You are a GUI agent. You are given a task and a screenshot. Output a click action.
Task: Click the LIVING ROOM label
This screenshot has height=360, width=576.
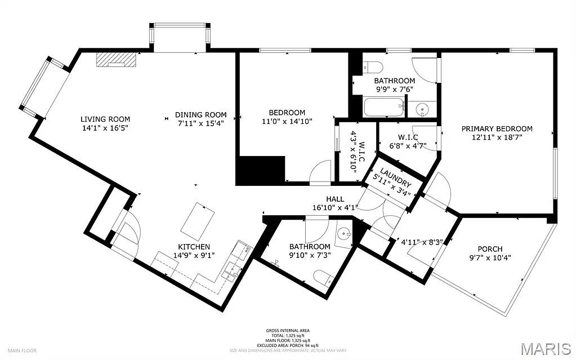pos(105,119)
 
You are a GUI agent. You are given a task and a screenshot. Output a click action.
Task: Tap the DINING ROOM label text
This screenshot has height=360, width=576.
pos(200,114)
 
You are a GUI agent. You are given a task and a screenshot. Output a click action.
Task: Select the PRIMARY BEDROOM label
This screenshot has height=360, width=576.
pos(497,128)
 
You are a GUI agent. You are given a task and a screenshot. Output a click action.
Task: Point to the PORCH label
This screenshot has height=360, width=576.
pos(489,249)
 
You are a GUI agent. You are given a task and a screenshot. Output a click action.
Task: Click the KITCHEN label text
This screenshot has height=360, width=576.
pos(194,247)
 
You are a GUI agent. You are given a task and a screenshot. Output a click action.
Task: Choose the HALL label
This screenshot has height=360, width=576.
pos(335,199)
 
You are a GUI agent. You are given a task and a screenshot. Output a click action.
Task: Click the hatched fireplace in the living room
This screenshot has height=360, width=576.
pos(116,60)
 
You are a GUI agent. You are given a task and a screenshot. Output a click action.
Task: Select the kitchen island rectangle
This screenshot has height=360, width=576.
pos(198,219)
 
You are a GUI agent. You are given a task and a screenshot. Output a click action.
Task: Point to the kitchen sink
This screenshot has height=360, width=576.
pos(230,272)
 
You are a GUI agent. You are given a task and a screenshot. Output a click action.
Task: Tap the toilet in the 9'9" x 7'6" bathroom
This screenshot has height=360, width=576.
pos(373,67)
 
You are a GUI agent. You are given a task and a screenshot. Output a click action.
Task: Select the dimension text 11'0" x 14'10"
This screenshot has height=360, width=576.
pos(287,121)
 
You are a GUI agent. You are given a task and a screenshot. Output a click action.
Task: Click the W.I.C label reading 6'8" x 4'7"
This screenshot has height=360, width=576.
pos(408,141)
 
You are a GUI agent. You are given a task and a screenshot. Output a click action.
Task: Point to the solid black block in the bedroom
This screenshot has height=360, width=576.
pos(260,171)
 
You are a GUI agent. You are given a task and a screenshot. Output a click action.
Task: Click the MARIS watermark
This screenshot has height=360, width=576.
pos(546,349)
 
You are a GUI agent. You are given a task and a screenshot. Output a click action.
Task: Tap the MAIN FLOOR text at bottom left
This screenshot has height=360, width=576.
pos(21,350)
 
